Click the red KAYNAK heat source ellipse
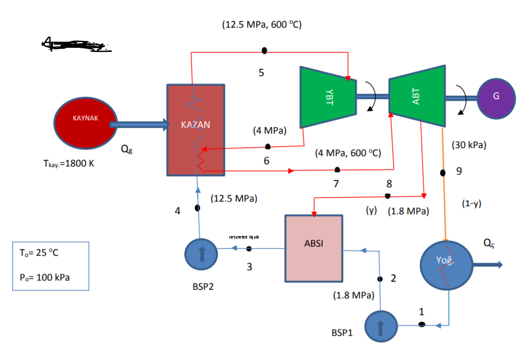[x=86, y=124]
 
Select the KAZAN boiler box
[x=196, y=130]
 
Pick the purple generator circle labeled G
[x=496, y=96]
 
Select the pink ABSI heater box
[x=313, y=248]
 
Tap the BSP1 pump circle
[x=380, y=326]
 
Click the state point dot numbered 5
[x=264, y=51]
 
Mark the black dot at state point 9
[x=442, y=172]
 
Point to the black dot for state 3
[x=249, y=248]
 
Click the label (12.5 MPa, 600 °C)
[x=261, y=25]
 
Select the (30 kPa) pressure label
[x=469, y=145]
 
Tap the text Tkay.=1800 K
[x=65, y=163]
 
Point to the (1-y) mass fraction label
[x=471, y=203]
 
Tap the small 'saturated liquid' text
[x=244, y=237]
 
